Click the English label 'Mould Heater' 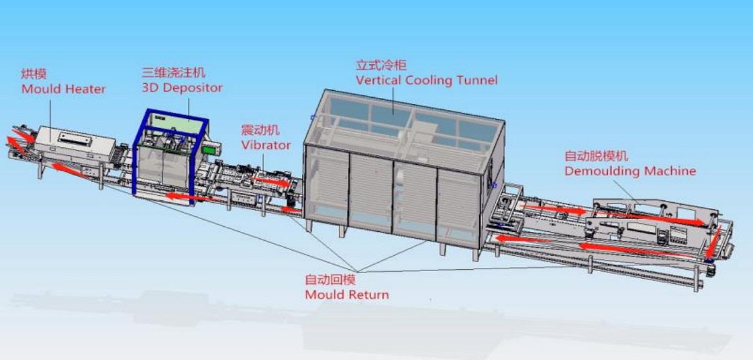coord(63,89)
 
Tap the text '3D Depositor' coord(182,88)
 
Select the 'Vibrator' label coord(265,144)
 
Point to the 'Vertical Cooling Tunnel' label coord(426,80)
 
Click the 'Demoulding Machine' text coord(630,171)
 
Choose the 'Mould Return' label coord(347,294)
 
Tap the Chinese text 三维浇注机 coord(173,73)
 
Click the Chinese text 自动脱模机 coord(596,156)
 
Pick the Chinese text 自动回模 coord(330,279)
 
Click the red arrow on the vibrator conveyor coord(271,182)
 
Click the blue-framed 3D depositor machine coord(171,156)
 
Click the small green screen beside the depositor coord(209,148)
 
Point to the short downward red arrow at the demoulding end coord(711,243)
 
